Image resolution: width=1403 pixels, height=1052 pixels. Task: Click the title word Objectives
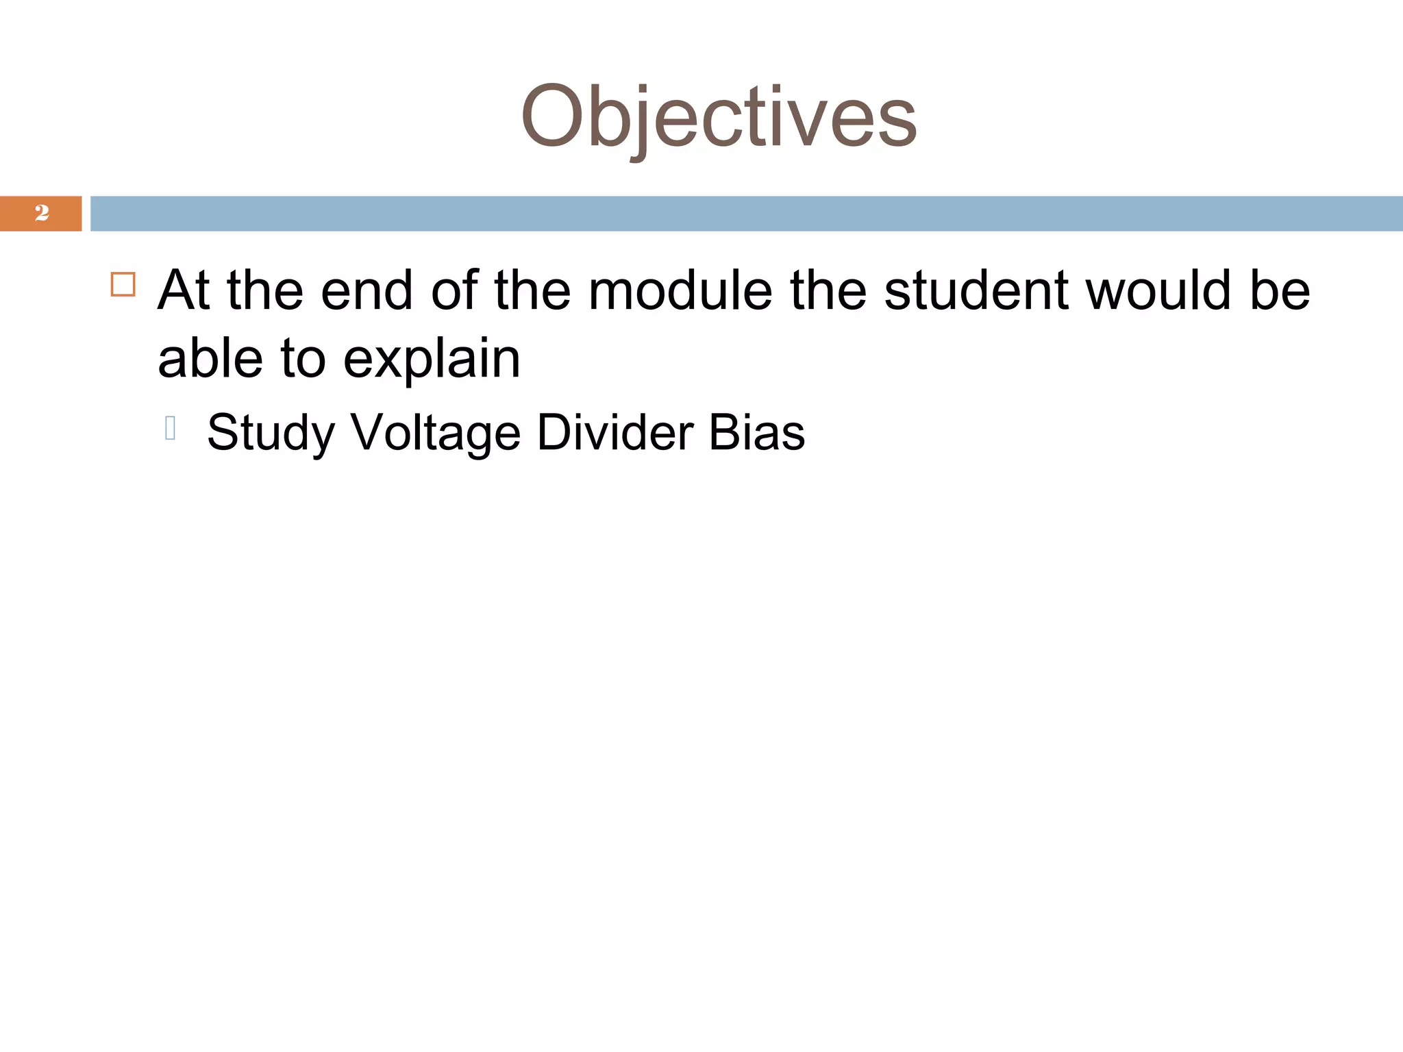(719, 116)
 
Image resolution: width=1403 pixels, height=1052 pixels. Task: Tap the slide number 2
(42, 213)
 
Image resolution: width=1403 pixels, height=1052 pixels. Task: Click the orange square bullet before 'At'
(123, 284)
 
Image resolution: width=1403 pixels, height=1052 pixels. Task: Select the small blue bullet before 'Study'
(171, 427)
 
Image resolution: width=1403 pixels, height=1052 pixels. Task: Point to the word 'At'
(183, 290)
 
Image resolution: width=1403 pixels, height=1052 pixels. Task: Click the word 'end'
(367, 290)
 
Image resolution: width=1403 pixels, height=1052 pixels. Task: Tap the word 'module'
(680, 290)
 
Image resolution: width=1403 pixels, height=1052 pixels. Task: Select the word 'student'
(977, 290)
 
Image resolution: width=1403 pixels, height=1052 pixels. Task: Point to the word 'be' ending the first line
(1280, 290)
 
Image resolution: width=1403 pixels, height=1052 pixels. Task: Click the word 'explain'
(432, 360)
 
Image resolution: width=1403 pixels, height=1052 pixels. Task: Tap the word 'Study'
(271, 434)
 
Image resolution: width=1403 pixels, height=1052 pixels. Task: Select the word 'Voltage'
(436, 434)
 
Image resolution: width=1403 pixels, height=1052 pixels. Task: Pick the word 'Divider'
(615, 432)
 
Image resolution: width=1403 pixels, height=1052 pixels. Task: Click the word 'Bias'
(757, 432)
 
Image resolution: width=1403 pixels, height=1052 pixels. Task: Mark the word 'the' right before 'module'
(532, 290)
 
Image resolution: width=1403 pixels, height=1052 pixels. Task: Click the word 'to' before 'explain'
(303, 360)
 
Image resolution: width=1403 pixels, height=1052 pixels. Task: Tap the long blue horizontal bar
(746, 214)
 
